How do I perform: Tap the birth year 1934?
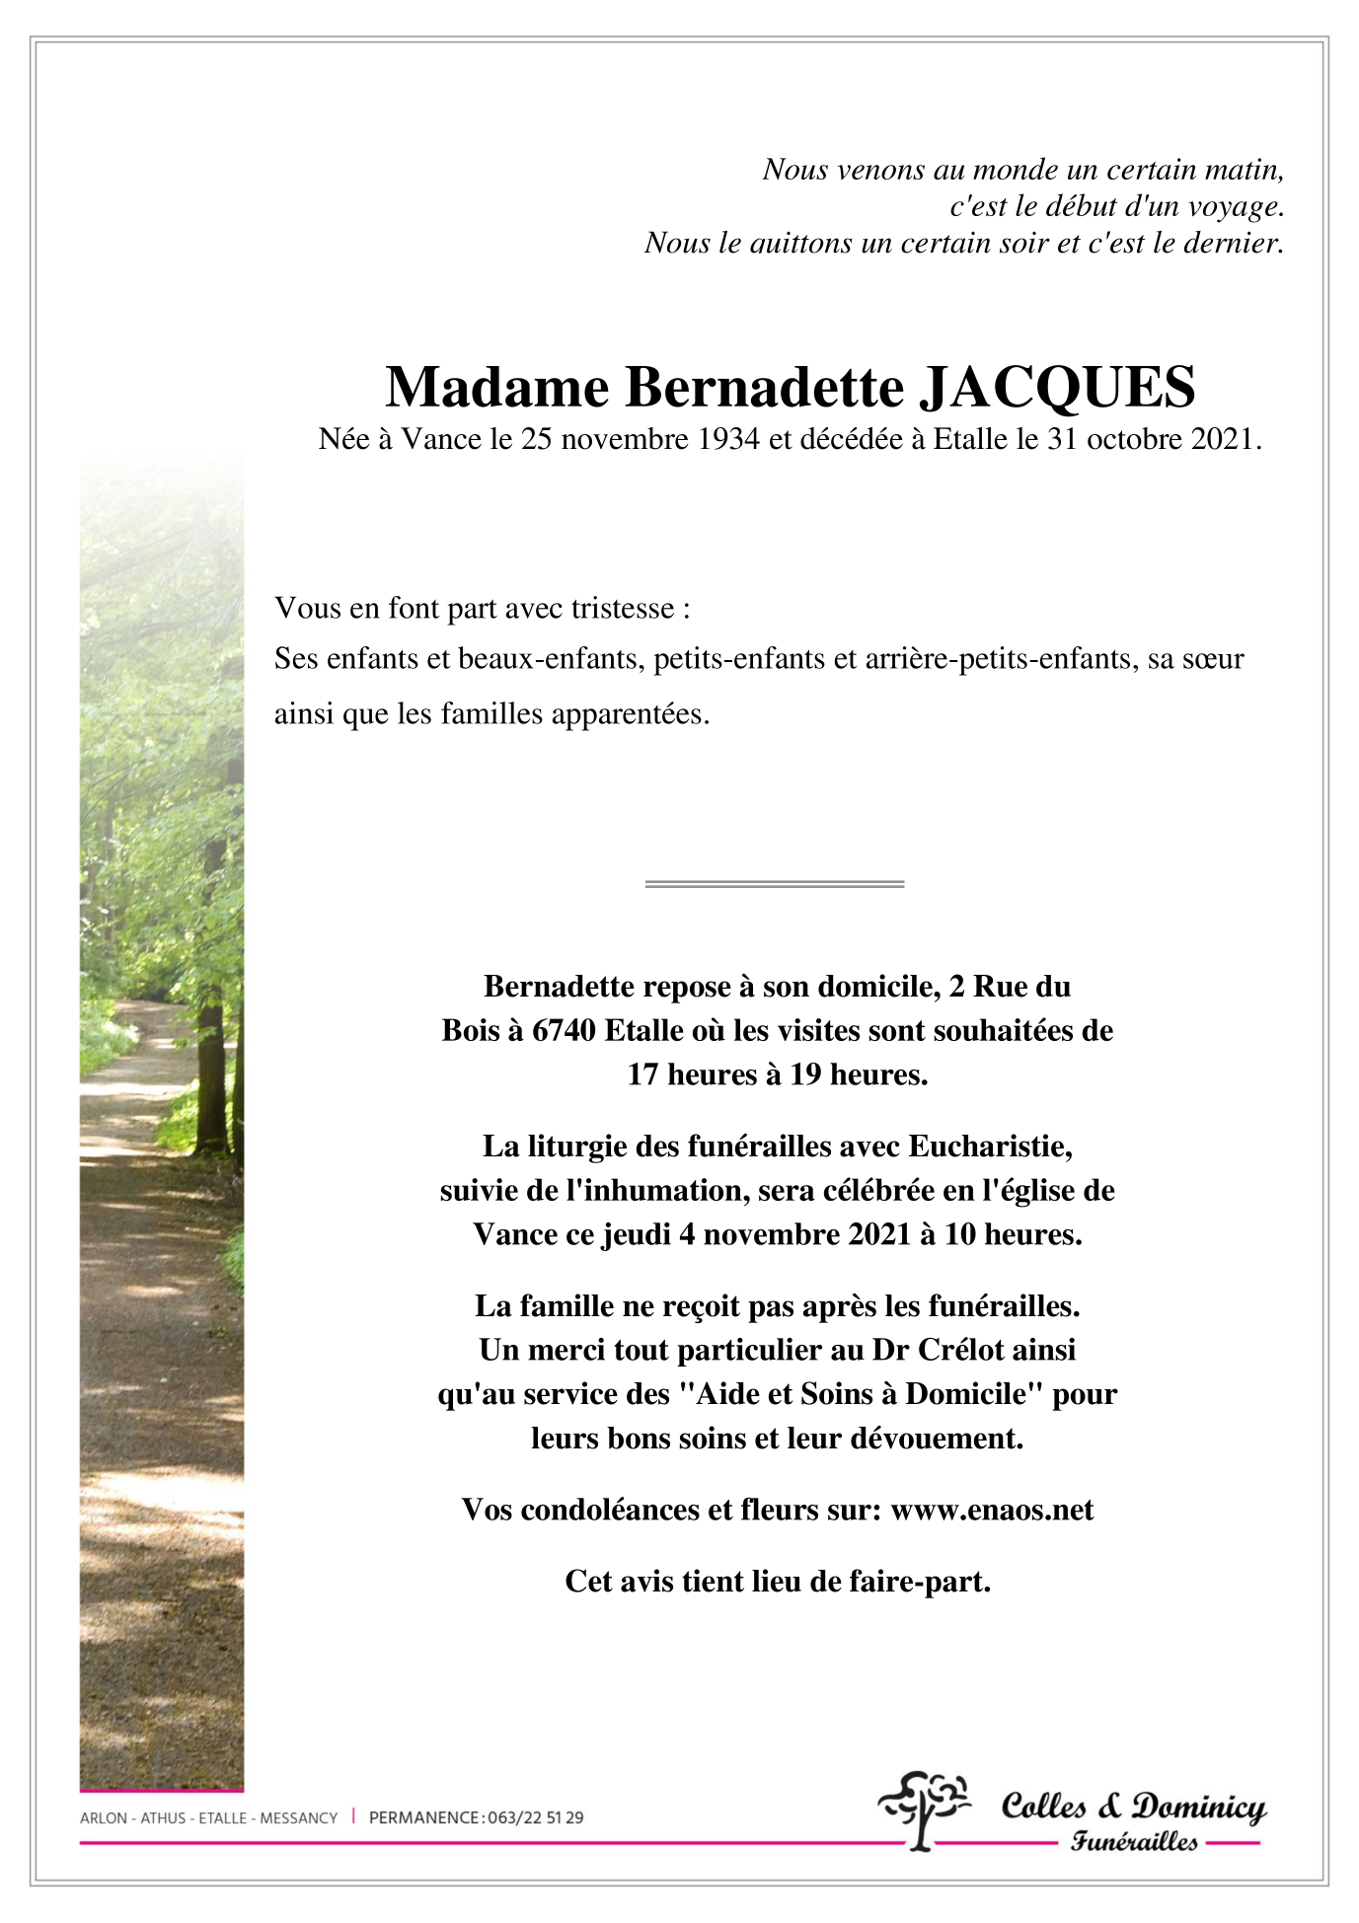(x=728, y=439)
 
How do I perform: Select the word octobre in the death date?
(x=1133, y=439)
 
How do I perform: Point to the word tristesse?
(x=622, y=608)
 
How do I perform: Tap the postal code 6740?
(x=564, y=1030)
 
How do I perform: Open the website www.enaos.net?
(x=992, y=1510)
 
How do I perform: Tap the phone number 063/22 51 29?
(x=535, y=1817)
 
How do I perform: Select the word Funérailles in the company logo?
(x=1134, y=1841)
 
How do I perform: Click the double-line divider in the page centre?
(x=775, y=883)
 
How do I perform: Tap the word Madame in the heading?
(x=496, y=387)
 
